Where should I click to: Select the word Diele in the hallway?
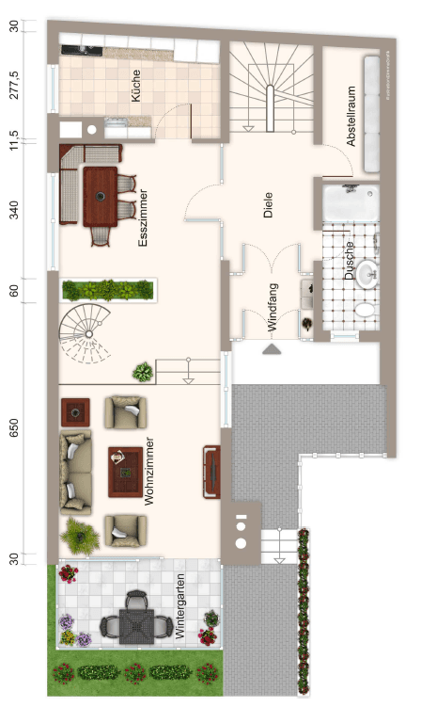[x=269, y=205]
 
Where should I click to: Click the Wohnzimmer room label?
[x=150, y=474]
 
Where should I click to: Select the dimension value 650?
[x=14, y=428]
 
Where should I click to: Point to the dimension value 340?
[x=14, y=209]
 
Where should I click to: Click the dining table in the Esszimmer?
[x=101, y=197]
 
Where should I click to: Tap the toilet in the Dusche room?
[x=363, y=310]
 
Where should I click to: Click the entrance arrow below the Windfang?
[x=271, y=349]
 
